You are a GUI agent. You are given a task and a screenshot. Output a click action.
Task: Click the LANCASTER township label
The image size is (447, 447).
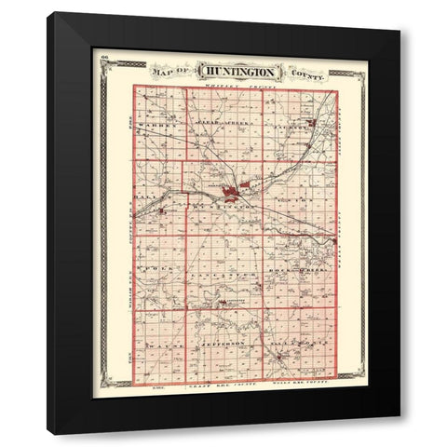coord(222,274)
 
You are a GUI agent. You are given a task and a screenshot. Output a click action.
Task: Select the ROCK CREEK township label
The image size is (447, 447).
coord(296,270)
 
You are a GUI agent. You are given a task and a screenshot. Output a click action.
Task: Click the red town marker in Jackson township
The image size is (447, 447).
coord(312,122)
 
